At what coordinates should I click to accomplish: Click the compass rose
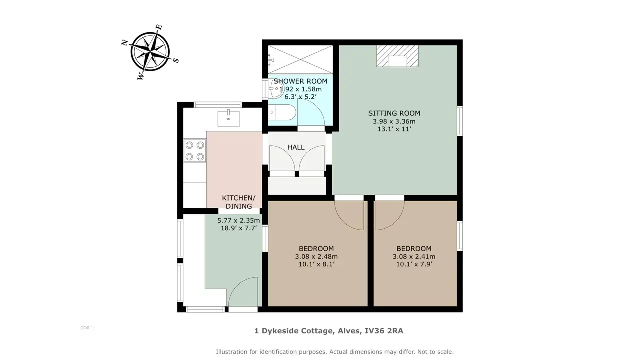click(x=150, y=52)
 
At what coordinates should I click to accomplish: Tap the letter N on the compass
click(x=124, y=43)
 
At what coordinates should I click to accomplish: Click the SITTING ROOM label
click(x=394, y=113)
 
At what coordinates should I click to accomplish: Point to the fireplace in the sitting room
click(x=397, y=56)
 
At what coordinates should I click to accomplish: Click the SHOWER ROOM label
click(x=300, y=81)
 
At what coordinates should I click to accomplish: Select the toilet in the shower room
click(x=282, y=112)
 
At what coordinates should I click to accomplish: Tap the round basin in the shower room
click(x=276, y=89)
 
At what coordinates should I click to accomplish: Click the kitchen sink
click(x=228, y=119)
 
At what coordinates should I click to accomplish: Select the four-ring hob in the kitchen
click(x=195, y=151)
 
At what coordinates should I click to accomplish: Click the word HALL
click(x=296, y=147)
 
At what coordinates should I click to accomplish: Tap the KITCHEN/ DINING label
click(x=239, y=202)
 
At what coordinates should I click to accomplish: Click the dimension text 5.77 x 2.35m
click(x=239, y=220)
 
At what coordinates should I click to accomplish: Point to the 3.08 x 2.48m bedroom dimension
click(x=316, y=257)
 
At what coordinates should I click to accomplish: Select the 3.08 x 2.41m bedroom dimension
click(x=414, y=257)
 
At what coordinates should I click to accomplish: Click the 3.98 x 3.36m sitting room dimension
click(x=394, y=121)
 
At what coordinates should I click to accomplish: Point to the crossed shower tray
click(x=300, y=60)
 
